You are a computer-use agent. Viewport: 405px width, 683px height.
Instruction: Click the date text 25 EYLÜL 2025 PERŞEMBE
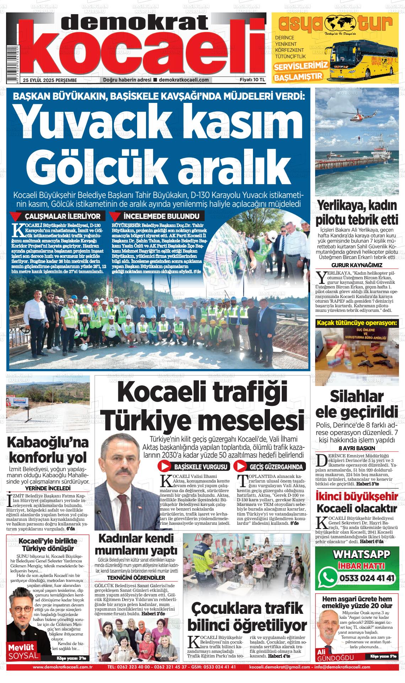tap(50, 80)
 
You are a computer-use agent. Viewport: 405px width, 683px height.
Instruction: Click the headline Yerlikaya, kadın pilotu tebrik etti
tap(358, 213)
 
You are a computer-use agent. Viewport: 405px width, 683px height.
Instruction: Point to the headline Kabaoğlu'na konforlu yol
tap(47, 450)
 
